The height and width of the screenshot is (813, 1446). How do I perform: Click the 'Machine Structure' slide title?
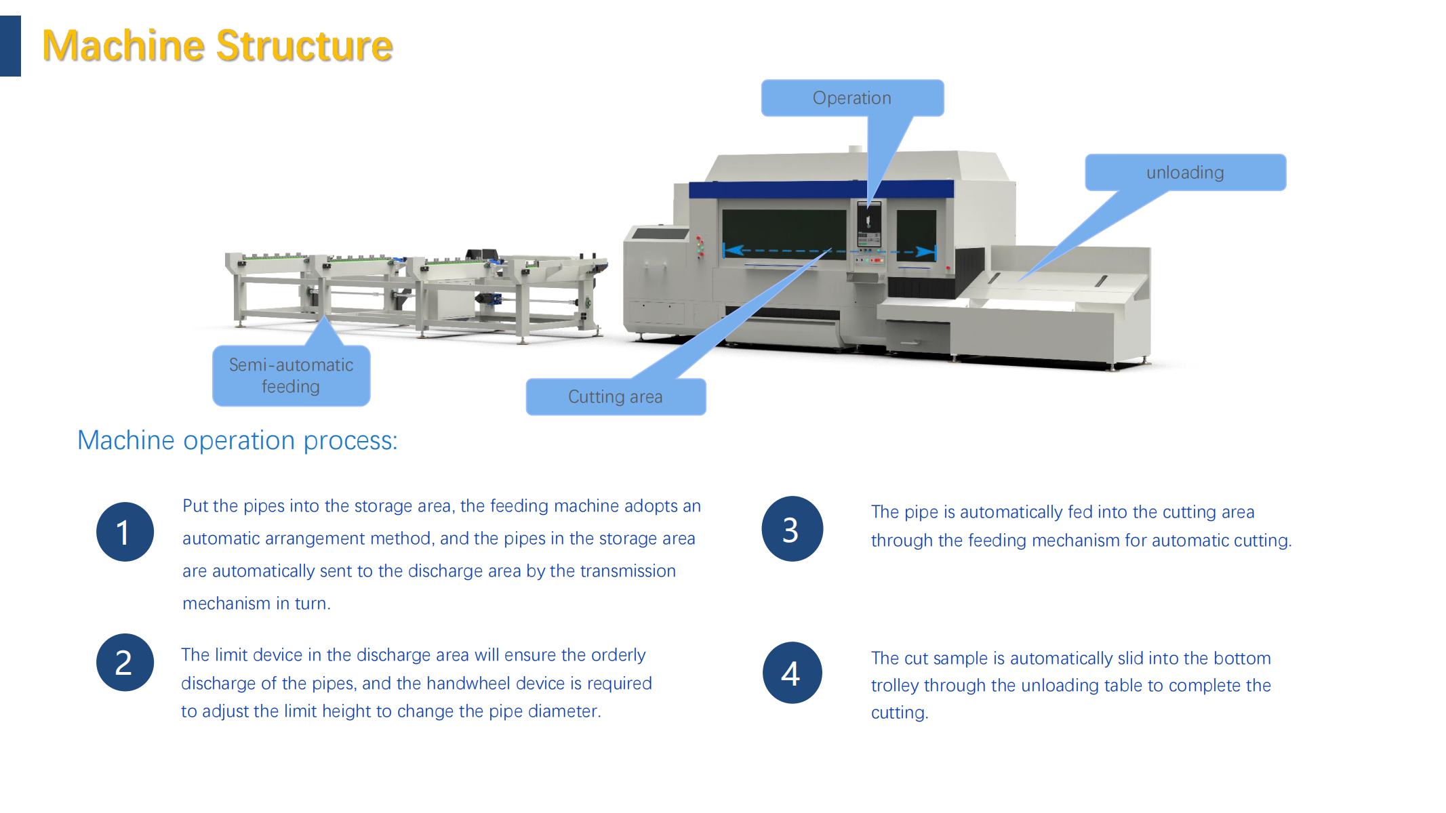tap(217, 45)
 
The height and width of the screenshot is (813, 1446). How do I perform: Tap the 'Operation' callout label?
tap(852, 98)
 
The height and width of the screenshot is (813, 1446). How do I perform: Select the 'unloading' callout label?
tap(1185, 173)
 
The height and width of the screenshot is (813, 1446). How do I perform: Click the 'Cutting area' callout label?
tap(616, 396)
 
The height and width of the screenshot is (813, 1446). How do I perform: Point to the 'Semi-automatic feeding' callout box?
tap(291, 375)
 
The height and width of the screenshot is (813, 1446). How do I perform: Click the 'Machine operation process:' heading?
tap(237, 440)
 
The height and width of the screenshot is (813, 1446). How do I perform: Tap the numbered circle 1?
tap(125, 532)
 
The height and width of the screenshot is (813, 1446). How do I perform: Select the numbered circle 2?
tap(125, 663)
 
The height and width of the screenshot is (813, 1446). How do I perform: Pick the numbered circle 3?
tap(792, 529)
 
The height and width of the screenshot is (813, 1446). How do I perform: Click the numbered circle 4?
tap(792, 673)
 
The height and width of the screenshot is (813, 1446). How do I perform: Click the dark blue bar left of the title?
tap(10, 46)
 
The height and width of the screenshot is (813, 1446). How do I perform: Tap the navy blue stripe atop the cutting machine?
tap(821, 189)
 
